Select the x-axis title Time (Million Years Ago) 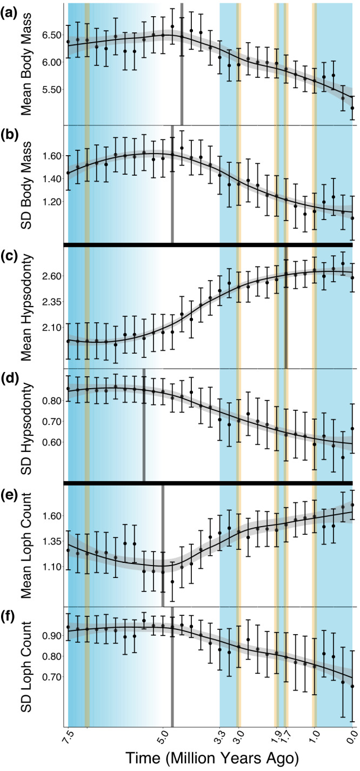[209, 755]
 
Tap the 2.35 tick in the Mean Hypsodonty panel [49, 301]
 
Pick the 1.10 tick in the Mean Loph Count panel [49, 567]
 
